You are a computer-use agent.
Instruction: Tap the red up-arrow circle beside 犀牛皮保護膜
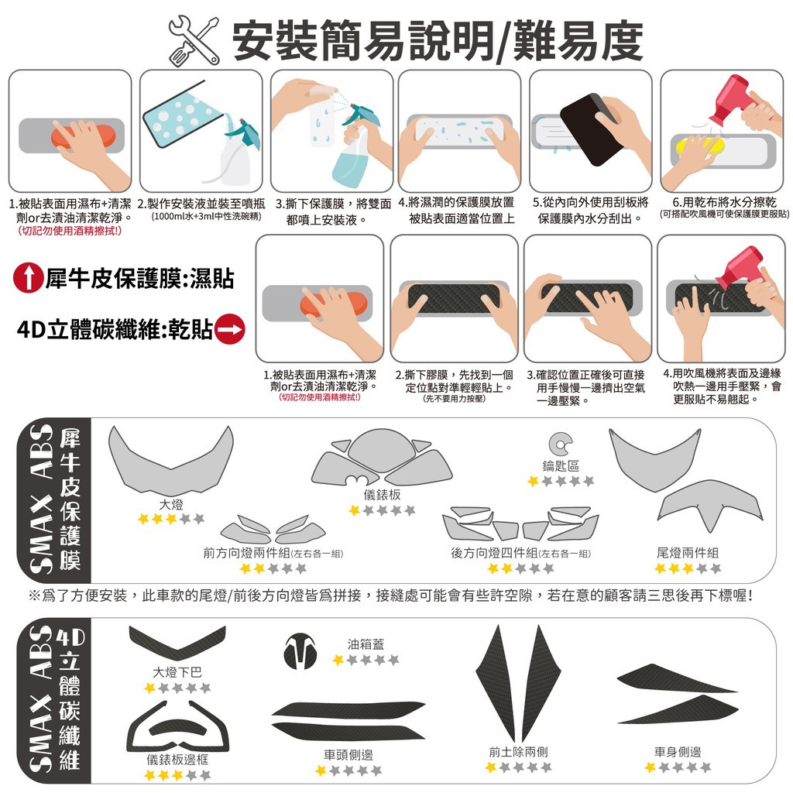29,278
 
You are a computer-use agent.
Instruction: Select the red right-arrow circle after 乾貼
229,329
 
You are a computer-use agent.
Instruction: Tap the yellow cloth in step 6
698,146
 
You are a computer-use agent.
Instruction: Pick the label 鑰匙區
561,465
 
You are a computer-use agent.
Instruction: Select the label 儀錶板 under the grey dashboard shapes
383,495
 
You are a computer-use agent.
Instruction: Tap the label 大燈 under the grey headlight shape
171,504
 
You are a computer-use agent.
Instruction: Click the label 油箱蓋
366,644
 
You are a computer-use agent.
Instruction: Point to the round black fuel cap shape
300,651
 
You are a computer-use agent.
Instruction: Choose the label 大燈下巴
177,672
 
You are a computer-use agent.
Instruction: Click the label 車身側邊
678,752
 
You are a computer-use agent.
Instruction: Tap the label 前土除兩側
518,752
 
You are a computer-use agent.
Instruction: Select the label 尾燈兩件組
688,553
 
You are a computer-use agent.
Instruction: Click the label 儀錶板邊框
177,759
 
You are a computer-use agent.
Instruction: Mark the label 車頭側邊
348,755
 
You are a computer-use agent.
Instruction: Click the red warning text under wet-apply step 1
70,231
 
